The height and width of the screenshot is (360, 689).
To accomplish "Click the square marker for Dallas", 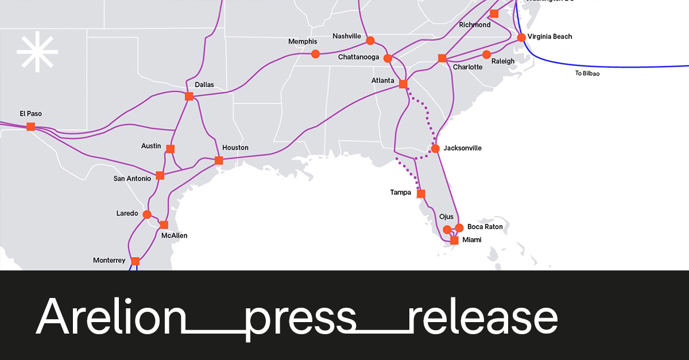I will click(x=189, y=96).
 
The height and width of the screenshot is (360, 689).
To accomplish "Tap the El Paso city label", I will click(x=30, y=114).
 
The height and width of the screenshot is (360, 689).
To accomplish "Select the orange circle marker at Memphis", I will click(x=315, y=54).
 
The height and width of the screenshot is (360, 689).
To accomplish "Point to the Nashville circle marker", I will click(x=370, y=41).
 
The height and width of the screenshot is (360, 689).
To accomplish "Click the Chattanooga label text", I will click(x=358, y=57).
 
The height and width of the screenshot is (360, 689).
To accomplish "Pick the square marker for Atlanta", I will click(x=403, y=84).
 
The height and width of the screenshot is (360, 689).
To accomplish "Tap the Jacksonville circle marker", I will click(x=435, y=148).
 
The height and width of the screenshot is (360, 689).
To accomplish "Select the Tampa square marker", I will click(x=421, y=193).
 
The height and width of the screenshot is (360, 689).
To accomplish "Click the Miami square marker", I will click(x=454, y=240).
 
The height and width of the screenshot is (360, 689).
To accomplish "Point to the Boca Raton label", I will click(x=485, y=227).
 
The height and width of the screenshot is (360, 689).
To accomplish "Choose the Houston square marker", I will click(x=219, y=160).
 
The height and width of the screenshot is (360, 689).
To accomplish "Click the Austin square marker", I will click(x=170, y=149).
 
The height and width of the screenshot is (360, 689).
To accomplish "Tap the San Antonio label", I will click(x=132, y=179).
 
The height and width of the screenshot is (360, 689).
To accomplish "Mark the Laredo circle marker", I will click(x=147, y=215).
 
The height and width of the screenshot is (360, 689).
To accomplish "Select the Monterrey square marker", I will click(x=135, y=261).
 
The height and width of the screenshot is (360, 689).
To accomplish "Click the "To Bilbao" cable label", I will click(x=587, y=73).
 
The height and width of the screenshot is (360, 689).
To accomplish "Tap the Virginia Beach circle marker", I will click(x=521, y=37).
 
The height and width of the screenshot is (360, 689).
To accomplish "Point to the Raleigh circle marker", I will click(x=486, y=55).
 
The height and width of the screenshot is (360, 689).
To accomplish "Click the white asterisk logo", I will click(x=37, y=53).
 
